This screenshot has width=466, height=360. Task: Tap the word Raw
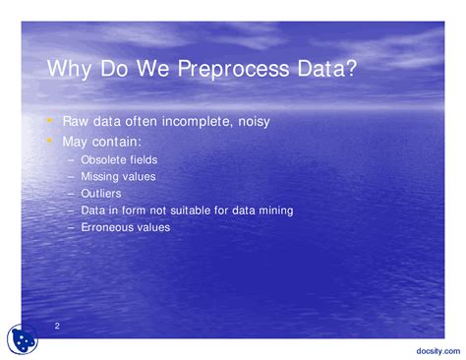[76, 122]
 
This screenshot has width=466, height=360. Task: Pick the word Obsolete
[101, 159]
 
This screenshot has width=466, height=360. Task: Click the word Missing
[99, 176]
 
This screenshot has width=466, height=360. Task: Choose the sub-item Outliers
[101, 194]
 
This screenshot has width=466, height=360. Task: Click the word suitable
[201, 210]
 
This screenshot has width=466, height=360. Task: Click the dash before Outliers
[72, 194]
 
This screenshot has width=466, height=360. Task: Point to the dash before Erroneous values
[72, 227]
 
